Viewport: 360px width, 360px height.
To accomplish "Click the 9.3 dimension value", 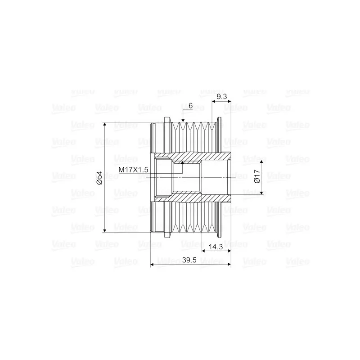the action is tap(222, 96).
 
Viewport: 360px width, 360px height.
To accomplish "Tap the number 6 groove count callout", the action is tap(190, 106).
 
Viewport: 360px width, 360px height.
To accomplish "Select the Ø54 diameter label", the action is tap(99, 178).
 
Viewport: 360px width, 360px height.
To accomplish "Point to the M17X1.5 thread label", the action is tap(133, 170).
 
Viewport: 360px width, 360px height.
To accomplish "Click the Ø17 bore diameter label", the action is tap(257, 176).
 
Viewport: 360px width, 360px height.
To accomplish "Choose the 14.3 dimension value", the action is tap(216, 247).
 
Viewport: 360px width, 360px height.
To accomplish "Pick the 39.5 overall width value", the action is tap(189, 260).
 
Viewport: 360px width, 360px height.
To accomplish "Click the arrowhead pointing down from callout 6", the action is tap(183, 120).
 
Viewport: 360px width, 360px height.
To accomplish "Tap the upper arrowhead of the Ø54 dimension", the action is tap(105, 125).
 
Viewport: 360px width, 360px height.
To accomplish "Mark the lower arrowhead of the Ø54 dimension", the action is tap(105, 230).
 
